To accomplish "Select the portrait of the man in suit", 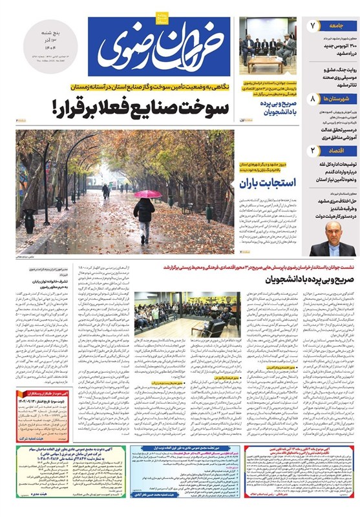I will [332, 240].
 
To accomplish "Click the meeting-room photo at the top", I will [267, 45].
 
